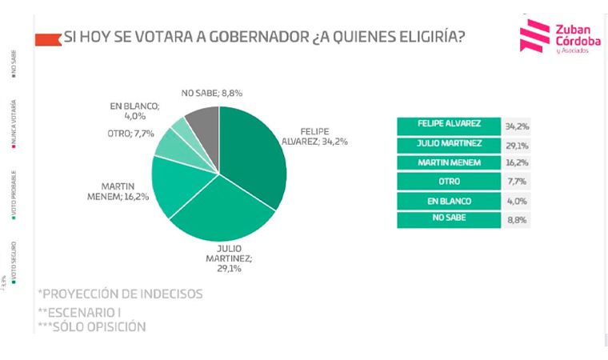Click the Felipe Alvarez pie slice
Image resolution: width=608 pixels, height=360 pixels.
coord(256,156)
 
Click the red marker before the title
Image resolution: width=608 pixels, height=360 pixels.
coord(50,38)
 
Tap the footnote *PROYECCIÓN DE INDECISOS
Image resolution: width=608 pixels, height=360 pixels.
coord(120,294)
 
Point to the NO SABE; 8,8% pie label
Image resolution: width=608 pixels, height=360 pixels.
coord(212,94)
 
